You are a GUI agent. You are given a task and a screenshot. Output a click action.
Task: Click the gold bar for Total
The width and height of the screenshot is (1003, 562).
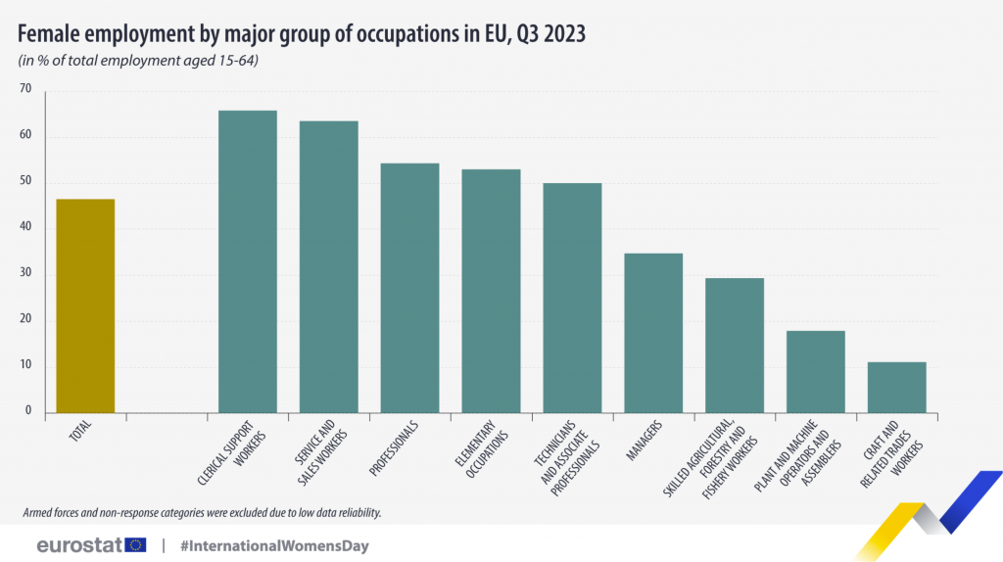85,305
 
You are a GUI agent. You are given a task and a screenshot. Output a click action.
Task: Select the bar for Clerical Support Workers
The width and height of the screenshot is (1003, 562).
247,261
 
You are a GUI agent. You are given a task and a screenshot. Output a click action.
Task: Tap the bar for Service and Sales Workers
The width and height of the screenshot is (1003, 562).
328,266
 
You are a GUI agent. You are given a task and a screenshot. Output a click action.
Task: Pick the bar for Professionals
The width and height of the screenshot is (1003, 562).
409,288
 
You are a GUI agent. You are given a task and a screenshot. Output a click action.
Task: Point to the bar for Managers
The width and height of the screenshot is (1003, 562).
653,333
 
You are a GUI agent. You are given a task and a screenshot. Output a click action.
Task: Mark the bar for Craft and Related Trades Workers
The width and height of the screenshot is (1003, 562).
896,387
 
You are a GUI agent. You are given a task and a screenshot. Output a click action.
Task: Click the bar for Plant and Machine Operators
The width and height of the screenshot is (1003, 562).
815,371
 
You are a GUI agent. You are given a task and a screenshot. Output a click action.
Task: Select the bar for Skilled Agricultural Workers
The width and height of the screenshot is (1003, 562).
734,345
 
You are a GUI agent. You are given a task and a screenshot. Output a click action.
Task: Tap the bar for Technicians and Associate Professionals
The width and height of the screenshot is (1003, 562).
572,298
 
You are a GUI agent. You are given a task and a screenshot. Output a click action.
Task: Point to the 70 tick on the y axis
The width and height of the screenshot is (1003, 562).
25,89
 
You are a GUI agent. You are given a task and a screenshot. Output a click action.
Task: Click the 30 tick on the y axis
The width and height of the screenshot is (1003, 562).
25,273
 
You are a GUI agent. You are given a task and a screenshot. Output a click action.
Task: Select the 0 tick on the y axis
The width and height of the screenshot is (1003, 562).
28,411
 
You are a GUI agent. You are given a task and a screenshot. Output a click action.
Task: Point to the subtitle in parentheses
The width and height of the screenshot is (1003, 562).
138,61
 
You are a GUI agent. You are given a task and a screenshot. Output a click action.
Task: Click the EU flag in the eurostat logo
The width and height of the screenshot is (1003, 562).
134,544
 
